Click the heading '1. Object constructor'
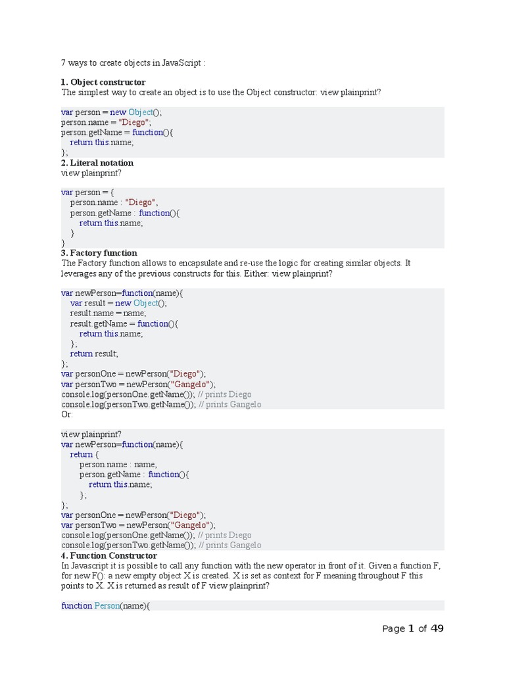tap(103, 82)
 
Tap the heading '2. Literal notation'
tap(97, 162)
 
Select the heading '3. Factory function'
tap(99, 252)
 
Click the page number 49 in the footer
tap(437, 628)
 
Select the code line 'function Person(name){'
tap(106, 605)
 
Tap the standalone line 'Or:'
tap(68, 414)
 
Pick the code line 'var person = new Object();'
tap(111, 112)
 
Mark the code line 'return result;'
tap(94, 354)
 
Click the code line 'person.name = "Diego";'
tap(107, 122)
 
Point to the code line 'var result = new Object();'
tap(118, 303)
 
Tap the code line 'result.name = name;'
tap(108, 313)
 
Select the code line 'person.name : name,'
tap(118, 464)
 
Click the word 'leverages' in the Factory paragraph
tap(80, 273)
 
